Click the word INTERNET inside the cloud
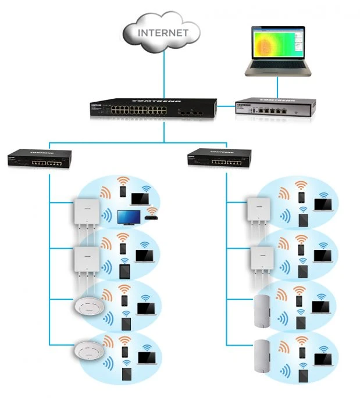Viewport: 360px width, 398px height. pyautogui.click(x=162, y=33)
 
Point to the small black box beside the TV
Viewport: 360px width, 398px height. pyautogui.click(x=152, y=219)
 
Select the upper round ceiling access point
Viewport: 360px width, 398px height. pyautogui.click(x=87, y=306)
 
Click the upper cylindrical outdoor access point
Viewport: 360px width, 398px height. pyautogui.click(x=263, y=307)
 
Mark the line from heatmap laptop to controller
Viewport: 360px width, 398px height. pyautogui.click(x=277, y=87)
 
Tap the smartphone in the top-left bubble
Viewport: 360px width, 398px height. pyautogui.click(x=123, y=192)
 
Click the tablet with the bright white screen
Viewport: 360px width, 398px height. pyautogui.click(x=123, y=272)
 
